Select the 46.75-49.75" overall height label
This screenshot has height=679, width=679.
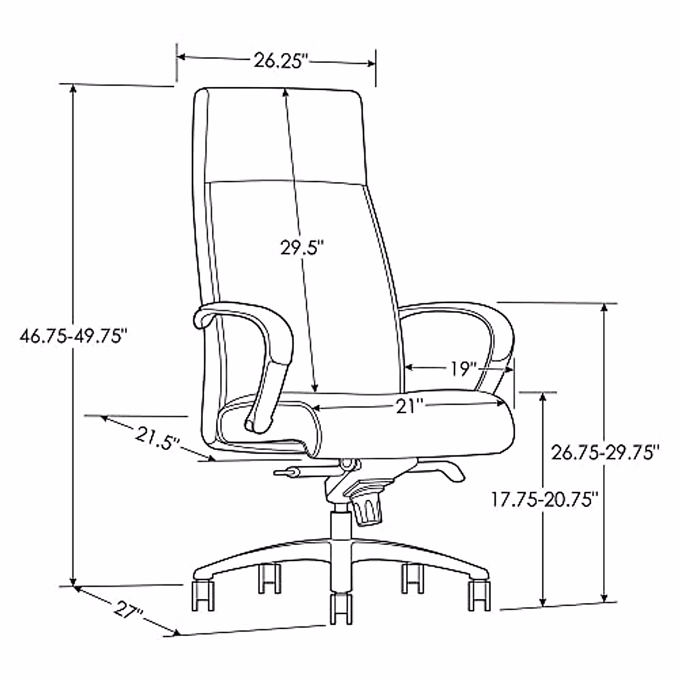72,336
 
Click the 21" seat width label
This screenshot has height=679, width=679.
410,406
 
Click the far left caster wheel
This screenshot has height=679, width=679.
203,594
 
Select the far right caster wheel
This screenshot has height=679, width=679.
480,594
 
